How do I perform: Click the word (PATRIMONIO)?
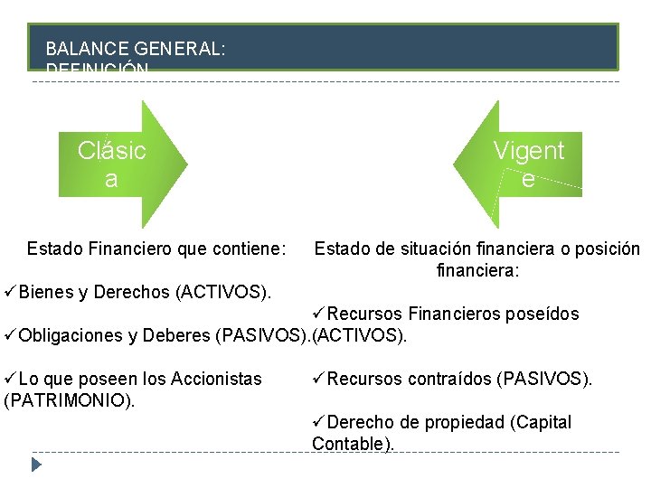69,400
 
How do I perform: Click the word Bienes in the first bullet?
45,293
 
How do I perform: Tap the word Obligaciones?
73,336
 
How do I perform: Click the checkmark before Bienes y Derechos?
10,293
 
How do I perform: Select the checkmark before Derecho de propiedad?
318,422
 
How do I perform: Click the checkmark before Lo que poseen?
10,380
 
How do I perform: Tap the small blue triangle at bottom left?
36,465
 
